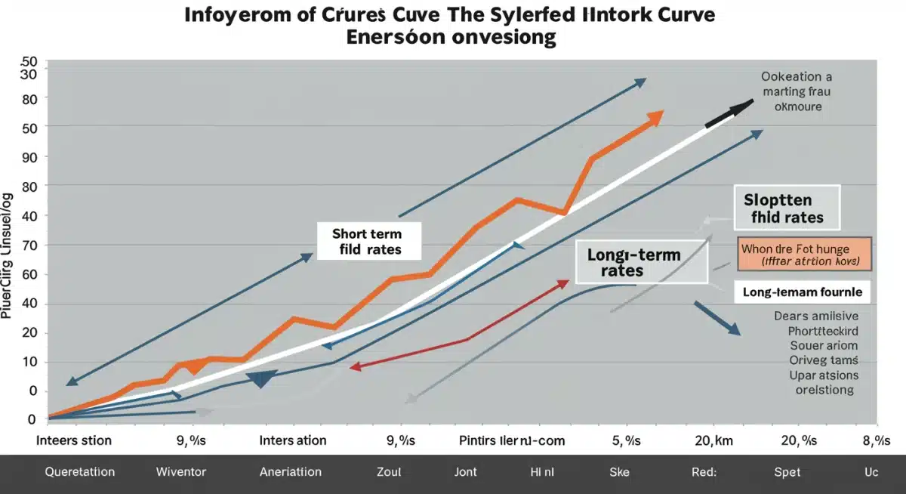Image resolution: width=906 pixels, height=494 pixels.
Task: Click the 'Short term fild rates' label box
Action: (x=367, y=241)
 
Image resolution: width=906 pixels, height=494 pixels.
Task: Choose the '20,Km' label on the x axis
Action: (x=714, y=440)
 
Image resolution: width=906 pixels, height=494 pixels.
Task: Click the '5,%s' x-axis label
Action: (x=624, y=440)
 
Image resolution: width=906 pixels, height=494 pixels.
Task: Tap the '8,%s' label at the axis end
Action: (x=877, y=440)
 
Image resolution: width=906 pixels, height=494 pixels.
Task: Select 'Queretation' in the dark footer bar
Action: (x=80, y=472)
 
